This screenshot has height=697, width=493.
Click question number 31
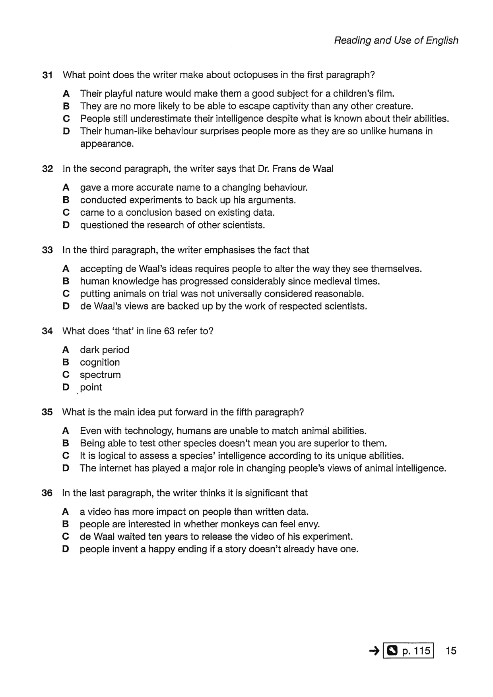[47, 75]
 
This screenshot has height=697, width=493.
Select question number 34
[47, 331]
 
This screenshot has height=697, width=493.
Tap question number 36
[47, 493]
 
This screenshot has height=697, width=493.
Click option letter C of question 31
[66, 119]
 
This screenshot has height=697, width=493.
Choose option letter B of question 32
[66, 200]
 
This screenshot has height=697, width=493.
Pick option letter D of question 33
[66, 306]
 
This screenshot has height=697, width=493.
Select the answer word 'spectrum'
[100, 375]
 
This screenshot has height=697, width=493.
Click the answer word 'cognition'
[100, 362]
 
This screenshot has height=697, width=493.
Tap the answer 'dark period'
[105, 350]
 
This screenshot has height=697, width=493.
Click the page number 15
[451, 651]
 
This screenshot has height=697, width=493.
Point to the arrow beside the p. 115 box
[374, 651]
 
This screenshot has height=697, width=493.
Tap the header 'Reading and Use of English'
[396, 41]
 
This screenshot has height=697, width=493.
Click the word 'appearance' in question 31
[106, 144]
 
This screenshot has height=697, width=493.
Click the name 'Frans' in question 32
[284, 168]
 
